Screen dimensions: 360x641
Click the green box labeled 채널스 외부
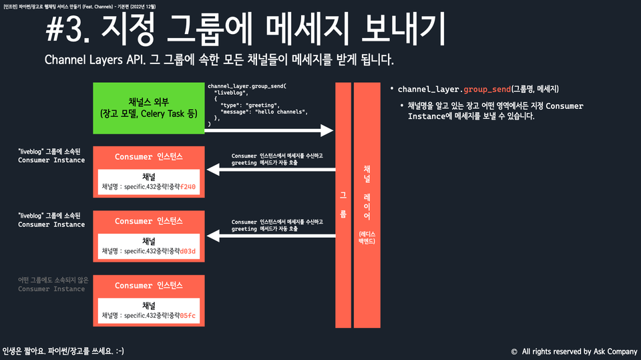[148, 108]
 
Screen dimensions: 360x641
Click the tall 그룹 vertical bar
[343, 204]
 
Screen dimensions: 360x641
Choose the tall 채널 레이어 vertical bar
[367, 204]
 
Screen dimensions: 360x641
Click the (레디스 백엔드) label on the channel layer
[367, 237]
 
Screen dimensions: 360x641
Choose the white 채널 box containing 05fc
[149, 311]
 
